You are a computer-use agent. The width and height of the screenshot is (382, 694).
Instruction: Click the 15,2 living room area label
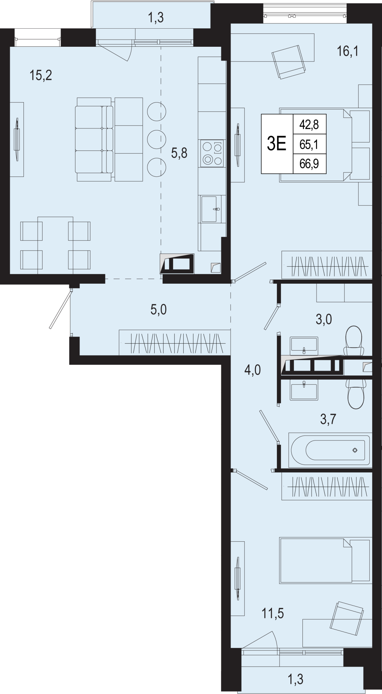pyautogui.click(x=41, y=76)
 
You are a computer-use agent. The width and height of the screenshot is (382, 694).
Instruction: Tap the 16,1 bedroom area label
pyautogui.click(x=348, y=51)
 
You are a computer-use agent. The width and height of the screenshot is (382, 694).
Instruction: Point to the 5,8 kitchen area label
pyautogui.click(x=179, y=153)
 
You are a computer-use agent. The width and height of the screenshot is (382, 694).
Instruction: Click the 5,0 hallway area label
pyautogui.click(x=159, y=309)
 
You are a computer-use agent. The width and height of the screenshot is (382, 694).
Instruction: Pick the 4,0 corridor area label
pyautogui.click(x=253, y=370)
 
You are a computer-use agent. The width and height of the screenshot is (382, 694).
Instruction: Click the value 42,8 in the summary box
pyautogui.click(x=309, y=124)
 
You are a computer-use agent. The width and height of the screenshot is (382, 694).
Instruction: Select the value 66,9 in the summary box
pyautogui.click(x=309, y=163)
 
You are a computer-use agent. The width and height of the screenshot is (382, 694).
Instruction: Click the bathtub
pyautogui.click(x=330, y=450)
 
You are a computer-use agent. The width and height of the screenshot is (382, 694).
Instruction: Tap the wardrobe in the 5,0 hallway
pyautogui.click(x=174, y=342)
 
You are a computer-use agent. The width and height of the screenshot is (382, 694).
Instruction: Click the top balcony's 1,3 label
pyautogui.click(x=156, y=18)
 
